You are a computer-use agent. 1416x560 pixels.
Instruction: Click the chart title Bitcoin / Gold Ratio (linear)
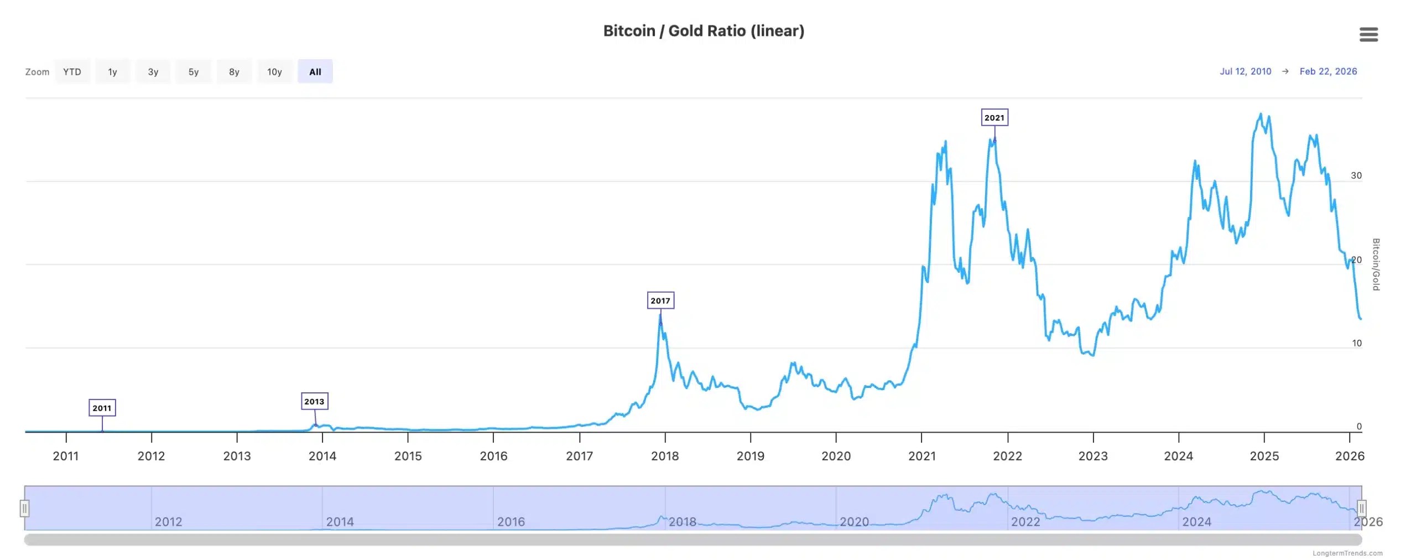tap(704, 31)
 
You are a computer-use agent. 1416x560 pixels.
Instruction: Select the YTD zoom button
tap(72, 71)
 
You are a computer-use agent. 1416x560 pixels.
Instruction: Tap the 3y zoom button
tap(153, 71)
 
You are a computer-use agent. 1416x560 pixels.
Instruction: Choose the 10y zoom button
tap(274, 71)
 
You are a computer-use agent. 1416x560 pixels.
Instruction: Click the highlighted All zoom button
tap(315, 71)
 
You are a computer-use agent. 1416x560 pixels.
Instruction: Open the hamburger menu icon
tap(1368, 34)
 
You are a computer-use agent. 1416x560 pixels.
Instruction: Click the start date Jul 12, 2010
tap(1245, 71)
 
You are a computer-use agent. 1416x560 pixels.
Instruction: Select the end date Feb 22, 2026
tap(1327, 71)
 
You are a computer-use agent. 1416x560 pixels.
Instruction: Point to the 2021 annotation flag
tap(994, 117)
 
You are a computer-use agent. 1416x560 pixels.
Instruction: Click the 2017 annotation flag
tap(660, 300)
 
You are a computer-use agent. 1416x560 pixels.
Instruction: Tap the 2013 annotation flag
tap(314, 401)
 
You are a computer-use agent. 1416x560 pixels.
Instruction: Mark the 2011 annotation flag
tap(102, 408)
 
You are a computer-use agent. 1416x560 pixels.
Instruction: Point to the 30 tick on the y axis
tap(1356, 175)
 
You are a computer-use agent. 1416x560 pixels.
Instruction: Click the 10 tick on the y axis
tap(1356, 343)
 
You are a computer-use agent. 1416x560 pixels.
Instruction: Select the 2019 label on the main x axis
tap(750, 456)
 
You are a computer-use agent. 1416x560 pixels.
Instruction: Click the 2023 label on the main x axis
tap(1092, 456)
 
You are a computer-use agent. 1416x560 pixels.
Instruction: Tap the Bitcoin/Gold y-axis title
tap(1376, 264)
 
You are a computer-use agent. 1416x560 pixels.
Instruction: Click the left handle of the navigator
tap(24, 508)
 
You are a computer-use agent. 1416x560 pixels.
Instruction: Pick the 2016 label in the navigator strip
tap(511, 522)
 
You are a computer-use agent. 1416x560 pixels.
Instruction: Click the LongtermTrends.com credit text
tap(1347, 553)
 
